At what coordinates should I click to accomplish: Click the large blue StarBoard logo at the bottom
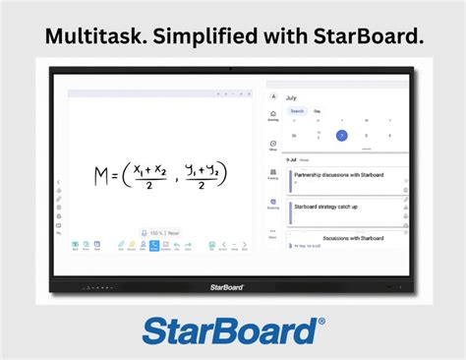232,330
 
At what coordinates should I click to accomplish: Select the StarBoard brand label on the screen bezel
226,287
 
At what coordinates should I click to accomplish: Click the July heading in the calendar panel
291,98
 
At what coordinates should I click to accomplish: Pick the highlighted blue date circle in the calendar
341,135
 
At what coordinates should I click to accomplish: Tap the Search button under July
297,111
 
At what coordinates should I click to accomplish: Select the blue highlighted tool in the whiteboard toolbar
153,246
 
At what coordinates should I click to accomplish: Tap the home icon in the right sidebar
273,115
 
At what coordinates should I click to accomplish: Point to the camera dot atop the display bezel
231,68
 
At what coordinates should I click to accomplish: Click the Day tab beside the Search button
317,111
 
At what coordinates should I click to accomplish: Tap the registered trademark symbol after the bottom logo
320,322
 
